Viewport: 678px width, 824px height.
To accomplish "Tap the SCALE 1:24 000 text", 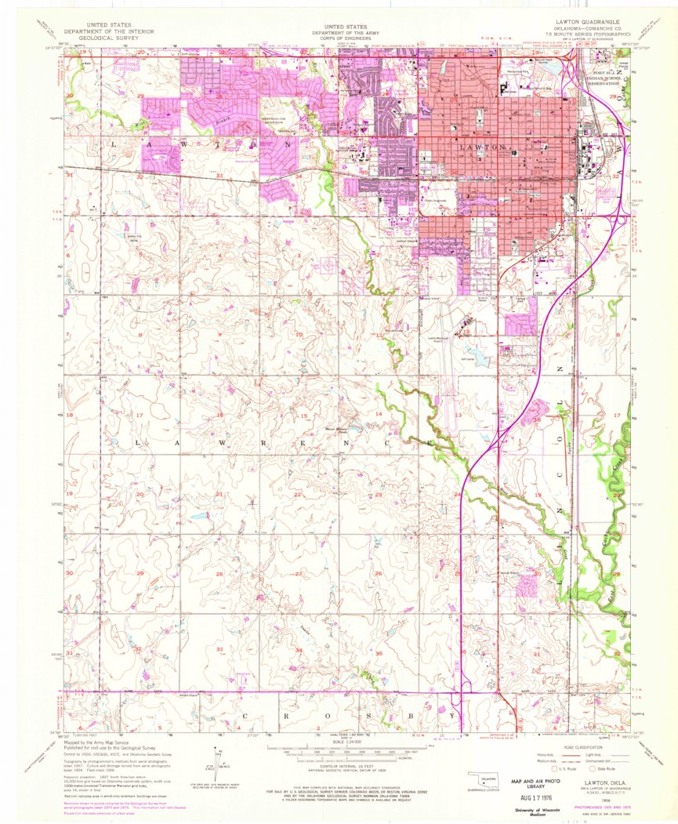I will point(339,742).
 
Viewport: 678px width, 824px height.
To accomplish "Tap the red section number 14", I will point(378,413).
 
